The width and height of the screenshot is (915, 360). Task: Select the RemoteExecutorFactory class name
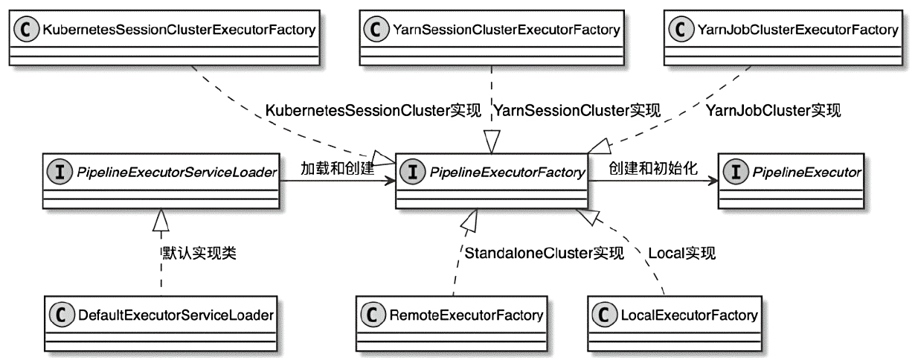[466, 316]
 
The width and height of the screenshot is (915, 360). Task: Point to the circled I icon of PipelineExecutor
[733, 173]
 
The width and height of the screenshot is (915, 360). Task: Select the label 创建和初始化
[652, 168]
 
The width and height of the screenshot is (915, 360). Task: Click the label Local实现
[681, 254]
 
